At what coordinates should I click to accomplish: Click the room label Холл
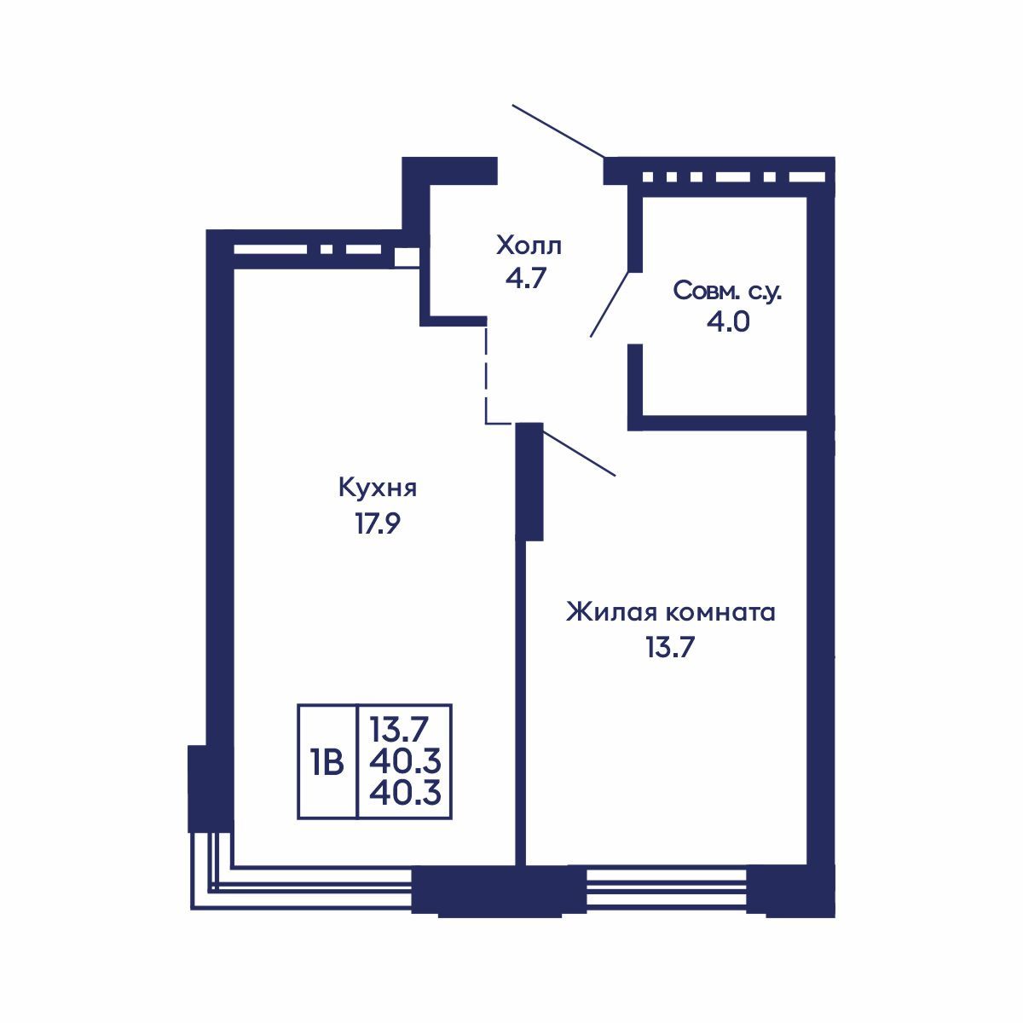pos(529,246)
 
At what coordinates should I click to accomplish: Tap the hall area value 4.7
pos(526,278)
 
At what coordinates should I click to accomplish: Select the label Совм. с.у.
pos(727,291)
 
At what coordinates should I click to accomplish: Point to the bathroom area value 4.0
pos(728,321)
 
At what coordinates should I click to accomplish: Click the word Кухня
pos(378,488)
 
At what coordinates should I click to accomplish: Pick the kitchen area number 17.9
pos(377,524)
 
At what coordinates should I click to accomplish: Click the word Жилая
pos(610,612)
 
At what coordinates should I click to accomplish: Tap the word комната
pos(720,614)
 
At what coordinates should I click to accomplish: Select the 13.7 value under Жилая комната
pos(670,648)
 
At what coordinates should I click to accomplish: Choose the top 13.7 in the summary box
pos(398,730)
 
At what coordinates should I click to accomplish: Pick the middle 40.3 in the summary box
pos(405,762)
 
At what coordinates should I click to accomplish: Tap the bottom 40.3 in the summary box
pos(405,795)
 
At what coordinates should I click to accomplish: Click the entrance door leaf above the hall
pos(558,131)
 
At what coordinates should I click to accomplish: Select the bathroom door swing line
pos(610,304)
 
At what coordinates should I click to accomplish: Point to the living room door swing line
pos(579,453)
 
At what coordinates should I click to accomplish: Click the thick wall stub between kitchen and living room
pos(529,482)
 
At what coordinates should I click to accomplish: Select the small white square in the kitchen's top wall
pos(407,257)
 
